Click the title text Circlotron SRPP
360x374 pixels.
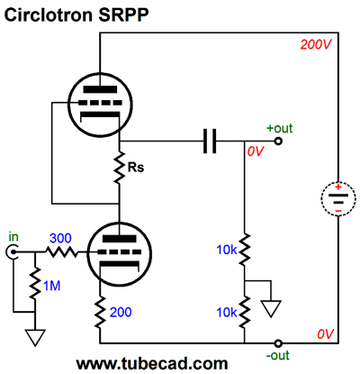[x=76, y=14]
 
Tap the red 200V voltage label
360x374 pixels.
[x=316, y=45]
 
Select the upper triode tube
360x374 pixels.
[x=100, y=105]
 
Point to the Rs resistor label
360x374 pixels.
[x=136, y=168]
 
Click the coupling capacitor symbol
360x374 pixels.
[x=210, y=141]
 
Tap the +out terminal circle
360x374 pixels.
[x=278, y=141]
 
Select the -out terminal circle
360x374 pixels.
[x=278, y=343]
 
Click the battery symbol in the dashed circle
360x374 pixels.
[x=338, y=198]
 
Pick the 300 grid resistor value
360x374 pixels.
[x=60, y=239]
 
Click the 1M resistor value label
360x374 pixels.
[x=52, y=286]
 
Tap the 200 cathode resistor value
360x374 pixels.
[x=121, y=312]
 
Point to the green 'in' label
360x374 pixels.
[x=13, y=237]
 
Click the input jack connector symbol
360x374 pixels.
[x=11, y=252]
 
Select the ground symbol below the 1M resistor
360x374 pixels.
[x=35, y=337]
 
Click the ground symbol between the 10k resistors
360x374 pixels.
[x=271, y=309]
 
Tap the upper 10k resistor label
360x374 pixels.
[x=227, y=250]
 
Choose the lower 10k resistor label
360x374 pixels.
[x=227, y=313]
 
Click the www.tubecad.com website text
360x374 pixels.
[x=152, y=364]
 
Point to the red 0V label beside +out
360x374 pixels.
[x=256, y=151]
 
